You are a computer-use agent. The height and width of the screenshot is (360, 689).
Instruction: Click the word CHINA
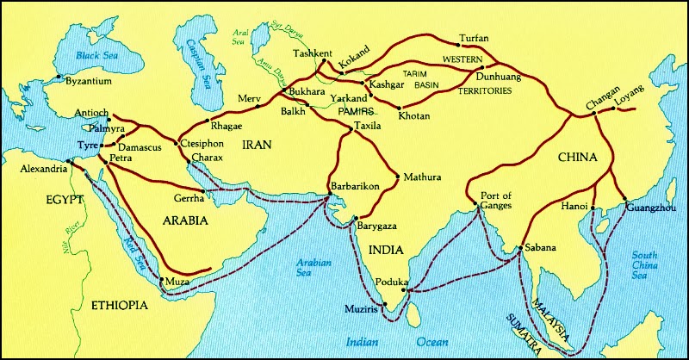click(577, 158)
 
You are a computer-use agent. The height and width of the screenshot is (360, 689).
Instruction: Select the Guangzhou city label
click(650, 208)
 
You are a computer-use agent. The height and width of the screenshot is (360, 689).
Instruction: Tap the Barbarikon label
click(356, 186)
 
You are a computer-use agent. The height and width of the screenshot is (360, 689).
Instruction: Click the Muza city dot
click(163, 280)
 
